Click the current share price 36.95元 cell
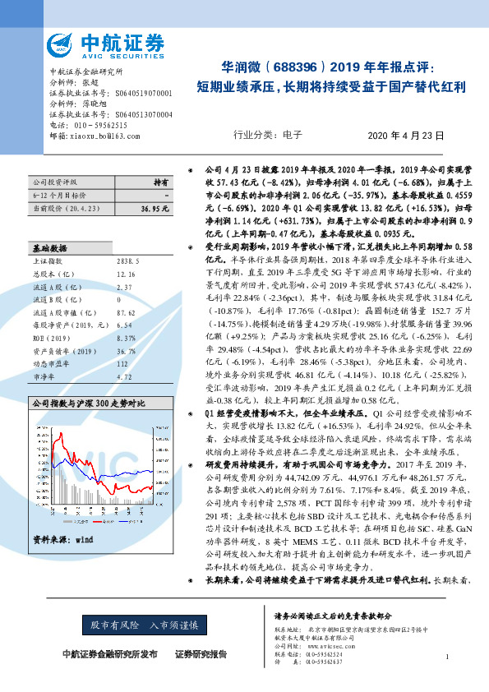coord(154,210)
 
